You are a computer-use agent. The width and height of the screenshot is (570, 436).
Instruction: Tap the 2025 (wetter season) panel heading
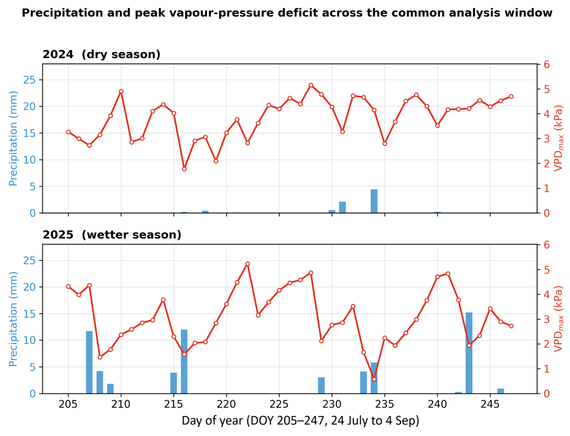[x=112, y=235]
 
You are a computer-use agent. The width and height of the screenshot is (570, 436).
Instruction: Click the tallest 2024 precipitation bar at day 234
[x=374, y=201]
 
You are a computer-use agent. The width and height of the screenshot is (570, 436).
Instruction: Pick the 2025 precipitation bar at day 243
[x=469, y=353]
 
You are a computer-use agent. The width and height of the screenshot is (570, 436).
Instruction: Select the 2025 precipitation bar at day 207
[x=89, y=362]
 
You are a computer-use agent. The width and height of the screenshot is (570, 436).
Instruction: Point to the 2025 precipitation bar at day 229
[x=321, y=385]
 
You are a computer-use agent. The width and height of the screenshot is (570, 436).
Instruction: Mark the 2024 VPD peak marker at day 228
[x=311, y=85]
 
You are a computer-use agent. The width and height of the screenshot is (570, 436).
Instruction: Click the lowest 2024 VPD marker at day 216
[x=184, y=169]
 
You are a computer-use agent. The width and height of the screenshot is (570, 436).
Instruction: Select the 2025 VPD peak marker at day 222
[x=248, y=264]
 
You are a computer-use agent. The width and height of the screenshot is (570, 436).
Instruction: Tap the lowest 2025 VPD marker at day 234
[x=374, y=379]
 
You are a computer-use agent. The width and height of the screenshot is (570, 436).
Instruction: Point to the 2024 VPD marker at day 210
[x=121, y=91]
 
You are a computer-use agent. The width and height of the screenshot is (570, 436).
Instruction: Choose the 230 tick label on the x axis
[x=332, y=404]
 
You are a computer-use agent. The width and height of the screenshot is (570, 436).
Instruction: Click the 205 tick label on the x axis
[x=68, y=404]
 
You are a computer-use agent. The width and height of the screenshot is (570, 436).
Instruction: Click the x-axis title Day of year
[x=300, y=421]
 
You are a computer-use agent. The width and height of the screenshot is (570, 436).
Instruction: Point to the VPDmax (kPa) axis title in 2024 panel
[x=558, y=138]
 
